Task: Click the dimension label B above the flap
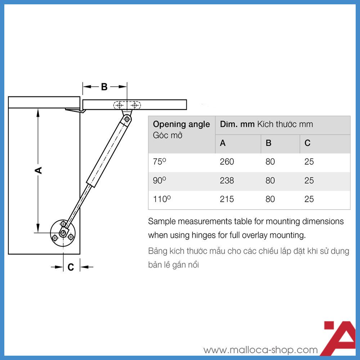click(x=104, y=87)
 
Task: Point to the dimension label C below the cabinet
click(x=71, y=267)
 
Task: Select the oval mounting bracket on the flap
click(x=127, y=105)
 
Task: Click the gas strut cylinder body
click(x=108, y=151)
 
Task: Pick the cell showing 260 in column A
click(x=227, y=162)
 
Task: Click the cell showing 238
click(x=227, y=181)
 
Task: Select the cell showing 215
click(x=227, y=199)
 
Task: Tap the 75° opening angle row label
click(x=159, y=162)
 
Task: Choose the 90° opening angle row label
click(x=159, y=181)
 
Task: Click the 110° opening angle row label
click(x=161, y=199)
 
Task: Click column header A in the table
click(x=223, y=143)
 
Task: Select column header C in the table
click(x=307, y=143)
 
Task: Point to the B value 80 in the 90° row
click(x=270, y=181)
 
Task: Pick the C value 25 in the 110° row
click(x=309, y=199)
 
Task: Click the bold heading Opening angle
click(x=181, y=125)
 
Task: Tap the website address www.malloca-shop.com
click(x=261, y=350)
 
